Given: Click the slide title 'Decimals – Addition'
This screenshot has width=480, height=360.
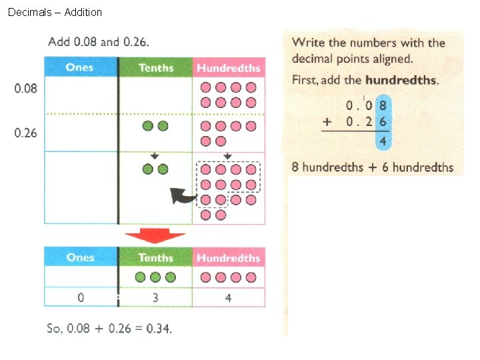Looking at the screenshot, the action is [x=55, y=12].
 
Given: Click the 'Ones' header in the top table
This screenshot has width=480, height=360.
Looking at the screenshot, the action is [x=80, y=67].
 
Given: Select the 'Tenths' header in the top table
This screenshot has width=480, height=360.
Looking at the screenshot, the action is [x=155, y=67].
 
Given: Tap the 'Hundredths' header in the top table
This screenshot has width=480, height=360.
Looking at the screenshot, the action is [x=228, y=68].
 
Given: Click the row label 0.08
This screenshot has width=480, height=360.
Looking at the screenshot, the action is [x=26, y=88].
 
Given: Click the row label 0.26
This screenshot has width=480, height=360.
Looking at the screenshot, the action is [x=26, y=133].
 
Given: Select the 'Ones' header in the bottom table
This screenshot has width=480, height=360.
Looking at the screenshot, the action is [x=80, y=257].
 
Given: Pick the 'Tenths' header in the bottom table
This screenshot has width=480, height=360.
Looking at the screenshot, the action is [x=155, y=257].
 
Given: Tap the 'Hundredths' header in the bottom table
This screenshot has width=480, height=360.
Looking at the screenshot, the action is [x=228, y=258].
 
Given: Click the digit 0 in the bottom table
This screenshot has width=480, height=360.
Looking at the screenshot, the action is [x=81, y=298].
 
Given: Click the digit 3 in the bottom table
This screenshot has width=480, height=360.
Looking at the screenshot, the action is [x=155, y=298].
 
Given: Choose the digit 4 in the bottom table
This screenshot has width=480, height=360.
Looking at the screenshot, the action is [x=228, y=298].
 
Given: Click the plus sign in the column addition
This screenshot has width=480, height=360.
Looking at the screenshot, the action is [x=326, y=122].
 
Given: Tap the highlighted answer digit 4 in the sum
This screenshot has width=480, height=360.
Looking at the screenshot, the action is [x=383, y=141].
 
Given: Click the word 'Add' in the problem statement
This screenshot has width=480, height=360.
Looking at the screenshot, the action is [x=58, y=42].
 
